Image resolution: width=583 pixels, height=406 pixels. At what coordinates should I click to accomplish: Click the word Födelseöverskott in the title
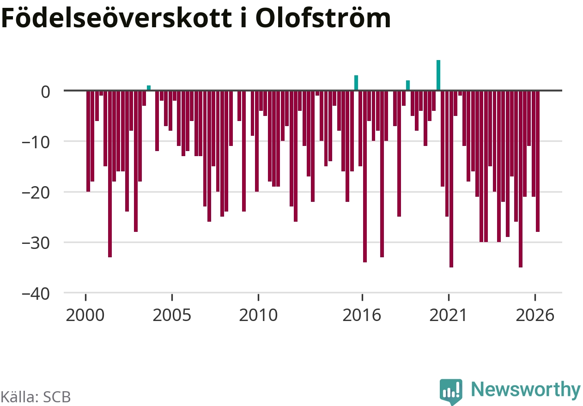(x=116, y=18)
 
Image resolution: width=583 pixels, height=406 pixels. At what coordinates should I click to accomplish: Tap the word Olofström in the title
(x=323, y=18)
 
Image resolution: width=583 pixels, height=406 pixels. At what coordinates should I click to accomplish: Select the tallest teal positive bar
(x=438, y=75)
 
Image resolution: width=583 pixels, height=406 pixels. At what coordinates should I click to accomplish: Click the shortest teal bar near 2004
(x=149, y=88)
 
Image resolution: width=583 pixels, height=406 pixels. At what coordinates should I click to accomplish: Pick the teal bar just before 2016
(x=356, y=83)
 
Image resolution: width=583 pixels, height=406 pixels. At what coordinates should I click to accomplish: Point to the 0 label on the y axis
(x=45, y=92)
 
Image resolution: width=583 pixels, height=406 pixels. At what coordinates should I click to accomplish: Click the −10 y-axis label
(x=36, y=143)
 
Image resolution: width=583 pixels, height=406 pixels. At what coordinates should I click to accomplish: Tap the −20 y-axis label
(x=36, y=194)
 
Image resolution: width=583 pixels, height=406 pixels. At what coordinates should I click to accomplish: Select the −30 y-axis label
(x=36, y=244)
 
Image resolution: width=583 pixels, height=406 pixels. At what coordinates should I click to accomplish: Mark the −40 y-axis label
(x=36, y=294)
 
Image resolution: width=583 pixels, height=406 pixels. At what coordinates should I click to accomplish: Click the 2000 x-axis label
(x=85, y=315)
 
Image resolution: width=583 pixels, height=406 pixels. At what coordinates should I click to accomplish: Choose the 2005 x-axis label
(x=172, y=315)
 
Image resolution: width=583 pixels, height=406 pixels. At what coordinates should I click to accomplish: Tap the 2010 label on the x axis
(x=258, y=315)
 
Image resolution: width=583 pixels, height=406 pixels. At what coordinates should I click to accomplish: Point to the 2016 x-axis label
(x=362, y=315)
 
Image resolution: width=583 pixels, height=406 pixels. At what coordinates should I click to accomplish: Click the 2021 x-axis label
(x=448, y=315)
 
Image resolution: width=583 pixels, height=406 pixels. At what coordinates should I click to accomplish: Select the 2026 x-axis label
(x=535, y=315)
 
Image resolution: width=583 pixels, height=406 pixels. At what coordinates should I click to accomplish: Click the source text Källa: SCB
(x=36, y=397)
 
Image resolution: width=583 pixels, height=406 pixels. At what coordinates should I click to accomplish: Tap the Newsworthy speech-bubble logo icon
(x=451, y=392)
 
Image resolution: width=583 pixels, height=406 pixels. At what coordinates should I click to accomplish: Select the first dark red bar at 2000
(x=88, y=141)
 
